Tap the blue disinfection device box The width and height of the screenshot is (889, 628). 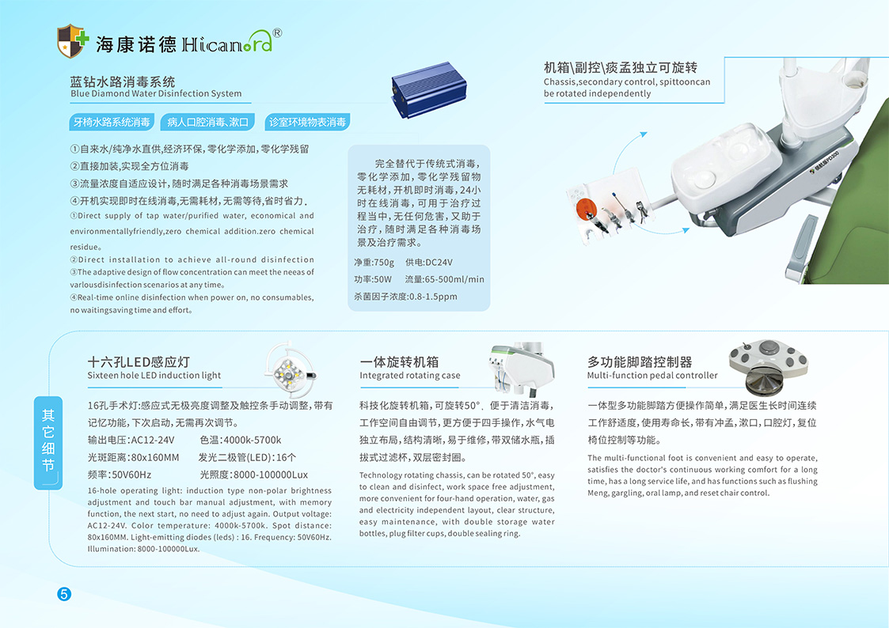[x=428, y=89]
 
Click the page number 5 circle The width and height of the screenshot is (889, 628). [x=64, y=594]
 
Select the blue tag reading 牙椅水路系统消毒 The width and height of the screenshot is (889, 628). [x=112, y=122]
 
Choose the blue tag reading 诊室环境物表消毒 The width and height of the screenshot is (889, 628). [x=307, y=122]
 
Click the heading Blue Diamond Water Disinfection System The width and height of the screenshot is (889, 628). [x=156, y=93]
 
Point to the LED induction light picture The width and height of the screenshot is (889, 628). [x=290, y=369]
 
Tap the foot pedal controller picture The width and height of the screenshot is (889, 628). [x=768, y=366]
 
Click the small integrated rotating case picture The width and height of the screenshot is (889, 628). [x=521, y=368]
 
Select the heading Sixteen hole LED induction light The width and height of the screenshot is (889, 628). [x=154, y=376]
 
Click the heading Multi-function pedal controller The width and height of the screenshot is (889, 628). [x=652, y=376]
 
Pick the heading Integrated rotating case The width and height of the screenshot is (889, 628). [x=410, y=376]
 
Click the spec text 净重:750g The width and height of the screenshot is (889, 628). [x=374, y=262]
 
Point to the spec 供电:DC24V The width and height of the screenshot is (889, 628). [x=428, y=262]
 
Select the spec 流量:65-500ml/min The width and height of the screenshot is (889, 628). [x=445, y=279]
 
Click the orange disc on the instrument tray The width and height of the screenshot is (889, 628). [x=587, y=209]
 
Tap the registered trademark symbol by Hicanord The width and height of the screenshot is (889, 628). [x=277, y=33]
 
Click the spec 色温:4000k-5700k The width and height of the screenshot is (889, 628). [x=241, y=440]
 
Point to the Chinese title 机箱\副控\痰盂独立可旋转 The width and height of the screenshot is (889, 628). [x=621, y=68]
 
